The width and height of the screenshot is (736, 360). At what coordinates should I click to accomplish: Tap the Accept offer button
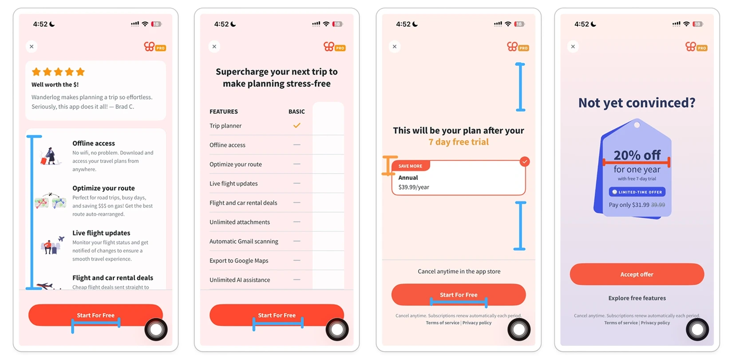(637, 274)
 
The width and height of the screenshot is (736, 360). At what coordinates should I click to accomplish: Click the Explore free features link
(637, 298)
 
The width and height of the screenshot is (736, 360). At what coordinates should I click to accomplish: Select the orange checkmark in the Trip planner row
(297, 126)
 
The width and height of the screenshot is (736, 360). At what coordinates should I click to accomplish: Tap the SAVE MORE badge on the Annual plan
(410, 166)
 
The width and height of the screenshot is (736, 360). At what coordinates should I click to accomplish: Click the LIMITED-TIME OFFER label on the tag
(637, 192)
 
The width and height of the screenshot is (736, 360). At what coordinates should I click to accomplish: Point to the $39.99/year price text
(414, 187)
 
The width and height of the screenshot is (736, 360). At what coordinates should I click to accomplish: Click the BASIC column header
(297, 112)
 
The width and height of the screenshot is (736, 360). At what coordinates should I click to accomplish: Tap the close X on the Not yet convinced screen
(573, 46)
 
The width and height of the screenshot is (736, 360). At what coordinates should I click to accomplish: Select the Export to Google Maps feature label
(239, 261)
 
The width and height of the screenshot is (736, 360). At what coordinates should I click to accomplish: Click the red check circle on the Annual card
(525, 162)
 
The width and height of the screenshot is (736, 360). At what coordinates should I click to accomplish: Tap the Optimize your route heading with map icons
(103, 188)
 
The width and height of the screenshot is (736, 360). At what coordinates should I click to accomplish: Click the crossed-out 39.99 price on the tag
(658, 205)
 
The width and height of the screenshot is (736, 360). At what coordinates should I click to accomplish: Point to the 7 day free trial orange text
(459, 142)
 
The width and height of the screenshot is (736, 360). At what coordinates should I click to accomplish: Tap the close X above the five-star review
(32, 46)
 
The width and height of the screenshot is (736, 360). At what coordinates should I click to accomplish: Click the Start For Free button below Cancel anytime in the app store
(459, 295)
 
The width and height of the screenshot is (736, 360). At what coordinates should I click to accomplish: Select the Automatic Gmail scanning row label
(244, 241)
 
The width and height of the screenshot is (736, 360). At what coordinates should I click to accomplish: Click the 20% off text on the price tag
(637, 155)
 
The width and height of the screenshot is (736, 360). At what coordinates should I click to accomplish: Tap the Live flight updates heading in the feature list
(101, 233)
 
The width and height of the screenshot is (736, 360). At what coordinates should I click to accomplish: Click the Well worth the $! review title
(55, 84)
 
